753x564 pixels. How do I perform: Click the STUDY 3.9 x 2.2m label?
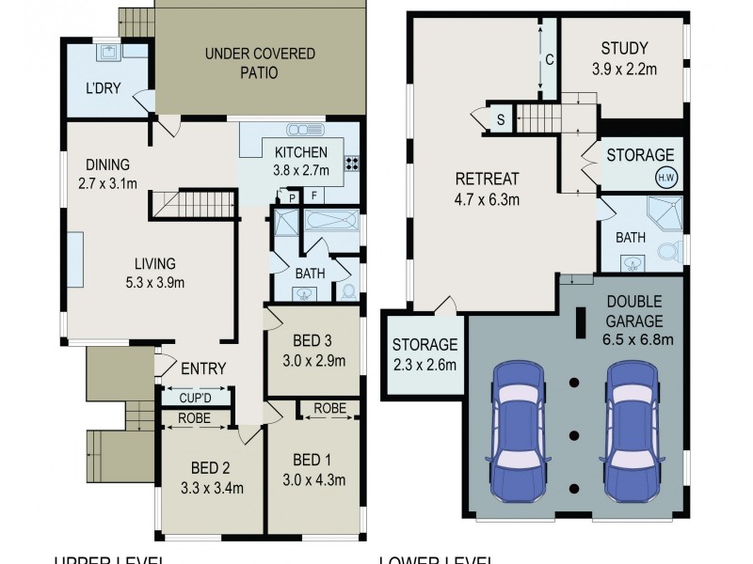[x=628, y=58]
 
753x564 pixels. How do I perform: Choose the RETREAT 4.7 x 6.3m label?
[x=488, y=188]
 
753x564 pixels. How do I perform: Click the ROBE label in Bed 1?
[x=328, y=409]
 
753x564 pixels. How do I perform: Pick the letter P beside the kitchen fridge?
[x=292, y=197]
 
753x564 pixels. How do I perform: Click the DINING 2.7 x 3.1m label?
[x=105, y=174]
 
